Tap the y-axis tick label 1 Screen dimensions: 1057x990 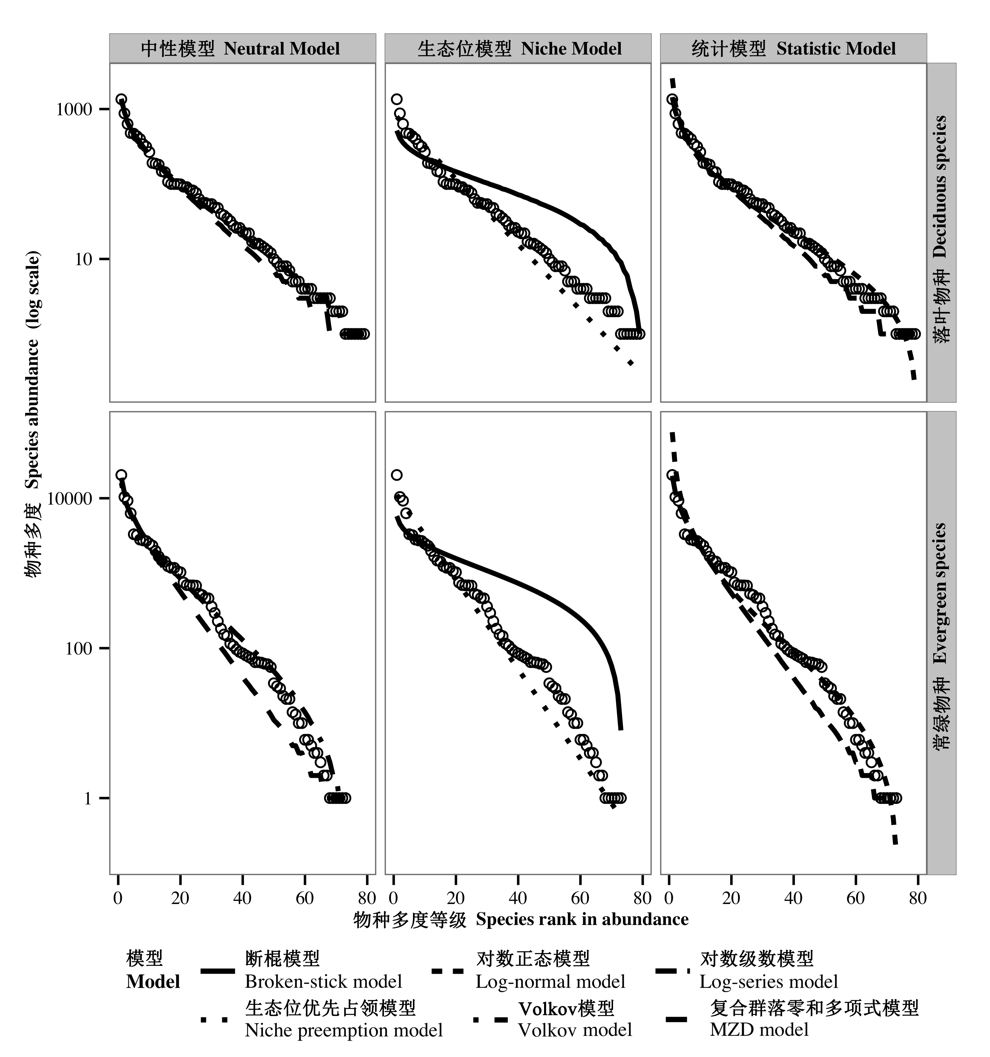[88, 798]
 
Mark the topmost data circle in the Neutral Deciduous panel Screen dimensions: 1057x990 [121, 100]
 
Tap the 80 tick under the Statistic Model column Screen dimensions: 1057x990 [918, 898]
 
